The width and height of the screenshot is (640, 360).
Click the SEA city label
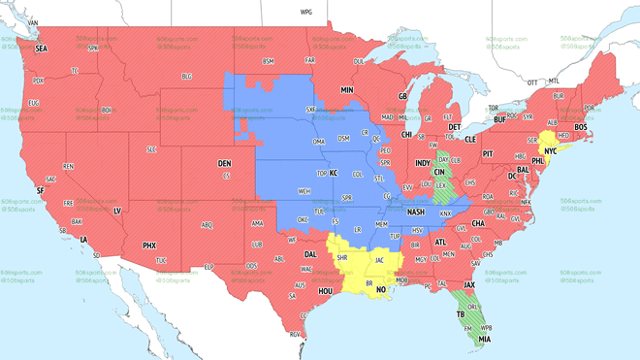pos(41,48)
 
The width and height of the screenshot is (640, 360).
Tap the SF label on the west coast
pos(40,191)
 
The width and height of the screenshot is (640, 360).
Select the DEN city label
pos(224,164)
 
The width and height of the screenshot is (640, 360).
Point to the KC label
pos(334,174)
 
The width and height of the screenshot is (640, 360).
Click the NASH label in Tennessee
pos(416,213)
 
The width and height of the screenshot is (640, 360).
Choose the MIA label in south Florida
pos(484,340)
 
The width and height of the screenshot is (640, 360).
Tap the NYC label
pos(551,151)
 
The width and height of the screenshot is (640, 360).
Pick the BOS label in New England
pos(580,127)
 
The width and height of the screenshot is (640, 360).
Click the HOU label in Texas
pos(326,291)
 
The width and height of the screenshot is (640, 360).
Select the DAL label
pos(310,254)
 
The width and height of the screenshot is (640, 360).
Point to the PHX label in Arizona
pos(149,245)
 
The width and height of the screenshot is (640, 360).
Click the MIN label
pos(347,90)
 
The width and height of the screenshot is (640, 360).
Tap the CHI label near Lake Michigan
pos(407,135)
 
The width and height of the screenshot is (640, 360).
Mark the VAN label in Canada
pos(33,22)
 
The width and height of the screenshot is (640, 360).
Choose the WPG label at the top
pos(306,13)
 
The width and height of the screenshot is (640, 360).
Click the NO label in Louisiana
pos(381,289)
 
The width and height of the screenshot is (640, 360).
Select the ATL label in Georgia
pos(440,243)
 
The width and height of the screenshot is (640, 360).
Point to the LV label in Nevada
pos(117,211)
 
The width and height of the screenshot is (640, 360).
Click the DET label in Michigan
pos(454,127)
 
